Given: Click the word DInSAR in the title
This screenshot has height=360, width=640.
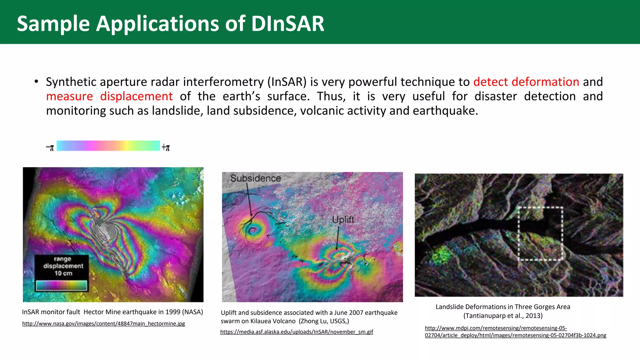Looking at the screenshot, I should (x=287, y=24).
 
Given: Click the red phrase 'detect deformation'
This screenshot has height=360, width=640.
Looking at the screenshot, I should (x=526, y=82).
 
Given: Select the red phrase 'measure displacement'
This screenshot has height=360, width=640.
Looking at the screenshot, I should (x=109, y=96).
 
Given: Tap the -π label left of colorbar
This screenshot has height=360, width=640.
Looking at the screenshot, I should (x=50, y=147).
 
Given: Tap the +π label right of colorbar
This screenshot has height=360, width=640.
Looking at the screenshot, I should (x=166, y=147).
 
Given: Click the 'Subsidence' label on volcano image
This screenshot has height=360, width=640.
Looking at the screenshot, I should (x=256, y=178).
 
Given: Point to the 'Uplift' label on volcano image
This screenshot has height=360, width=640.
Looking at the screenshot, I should (x=343, y=219).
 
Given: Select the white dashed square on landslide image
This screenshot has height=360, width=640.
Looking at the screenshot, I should (x=540, y=233).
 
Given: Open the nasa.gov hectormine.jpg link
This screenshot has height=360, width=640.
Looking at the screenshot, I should (x=103, y=324).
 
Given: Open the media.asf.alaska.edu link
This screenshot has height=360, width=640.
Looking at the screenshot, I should (x=297, y=332).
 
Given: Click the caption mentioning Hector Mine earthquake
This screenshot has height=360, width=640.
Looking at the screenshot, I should (x=112, y=312).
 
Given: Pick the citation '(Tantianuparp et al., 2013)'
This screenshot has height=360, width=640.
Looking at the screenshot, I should (x=503, y=316).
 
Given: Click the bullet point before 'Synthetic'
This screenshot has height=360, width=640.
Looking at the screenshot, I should (x=36, y=82).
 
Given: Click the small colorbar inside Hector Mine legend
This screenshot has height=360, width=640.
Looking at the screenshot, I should (x=61, y=285).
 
